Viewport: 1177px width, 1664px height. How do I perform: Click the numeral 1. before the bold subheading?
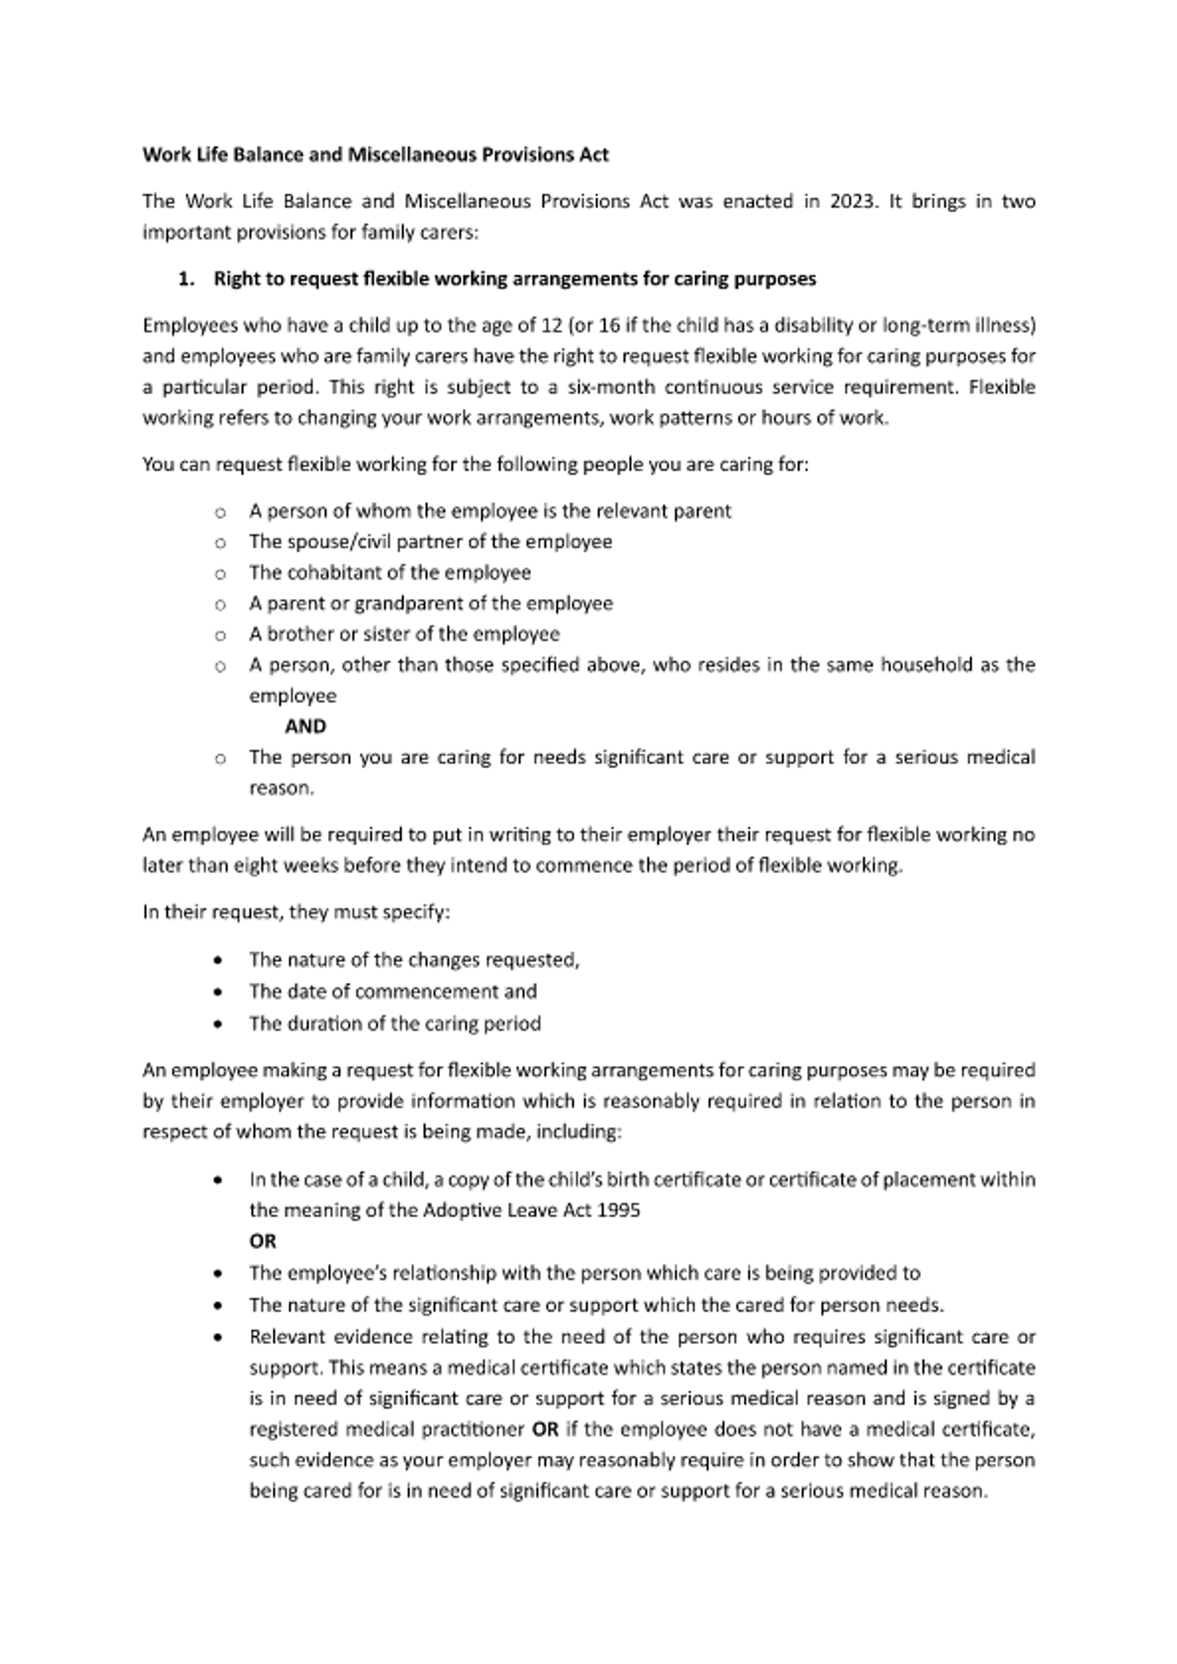[x=187, y=279]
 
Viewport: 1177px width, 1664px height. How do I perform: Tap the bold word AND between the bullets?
[x=305, y=727]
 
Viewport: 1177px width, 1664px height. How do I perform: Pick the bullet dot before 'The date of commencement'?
[x=218, y=992]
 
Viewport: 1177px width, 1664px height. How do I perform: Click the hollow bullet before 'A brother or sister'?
[x=220, y=635]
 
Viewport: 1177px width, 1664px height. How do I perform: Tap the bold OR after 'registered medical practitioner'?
[x=545, y=1429]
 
